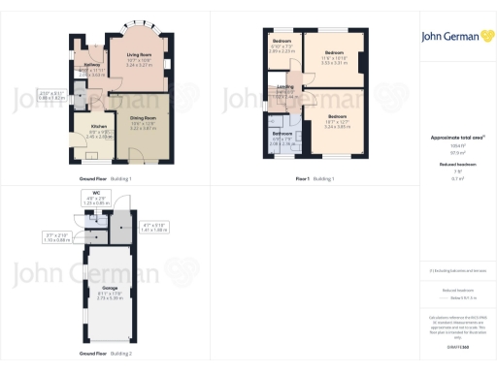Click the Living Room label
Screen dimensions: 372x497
click(x=139, y=54)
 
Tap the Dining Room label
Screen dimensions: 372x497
click(x=143, y=120)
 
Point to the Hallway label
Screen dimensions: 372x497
click(x=92, y=64)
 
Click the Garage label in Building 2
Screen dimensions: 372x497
click(x=109, y=289)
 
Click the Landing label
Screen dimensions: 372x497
click(x=285, y=87)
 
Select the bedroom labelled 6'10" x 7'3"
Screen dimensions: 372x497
click(x=282, y=42)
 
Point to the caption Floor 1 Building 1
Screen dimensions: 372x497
click(x=315, y=179)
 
